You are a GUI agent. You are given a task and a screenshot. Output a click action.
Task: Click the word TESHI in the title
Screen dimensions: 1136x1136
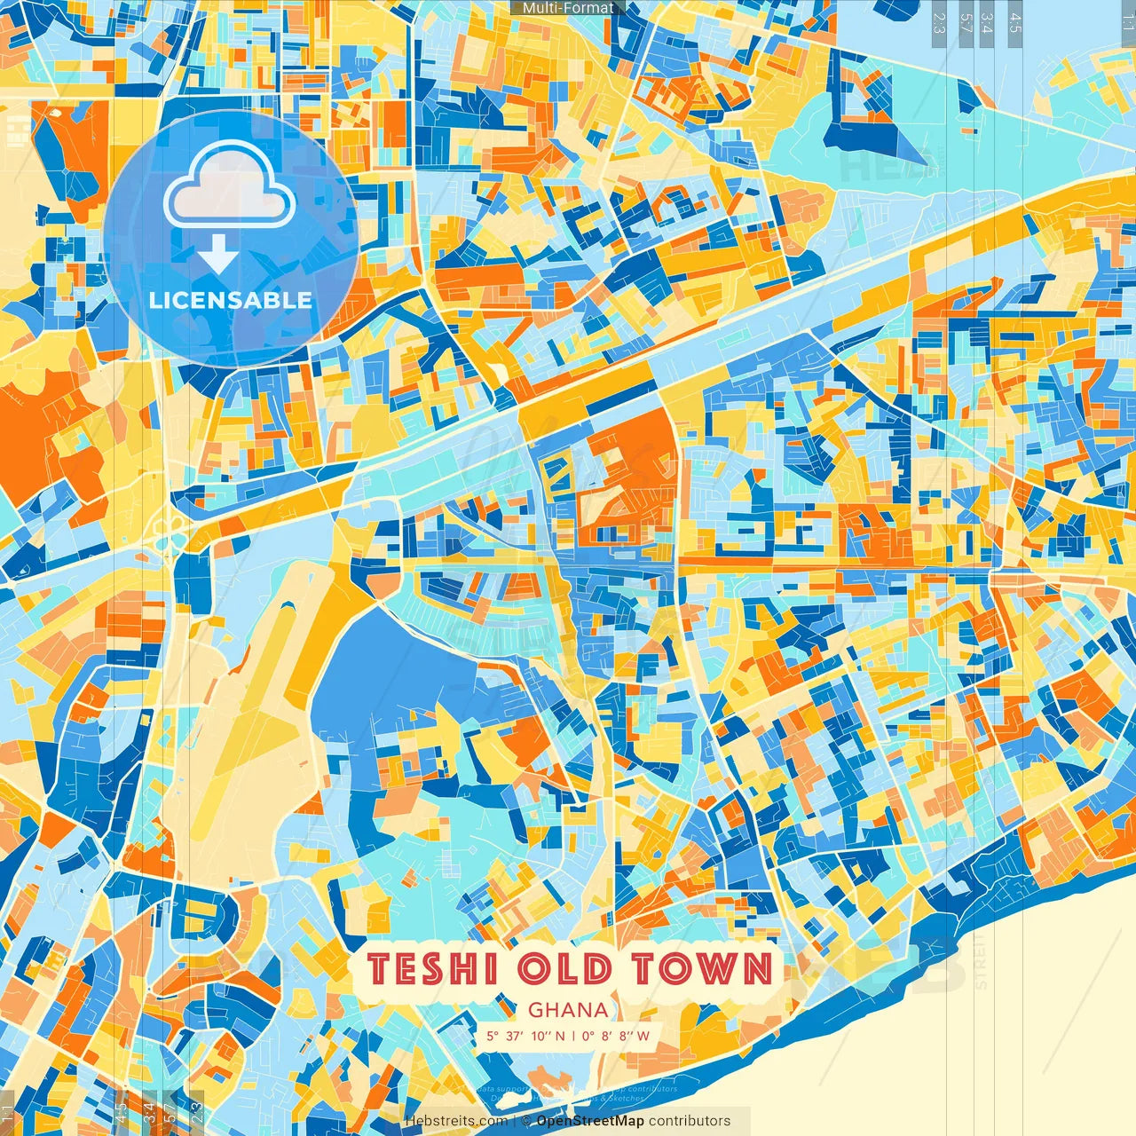pyautogui.click(x=432, y=968)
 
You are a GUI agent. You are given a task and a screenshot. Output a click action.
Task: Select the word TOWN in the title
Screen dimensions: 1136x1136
pyautogui.click(x=702, y=968)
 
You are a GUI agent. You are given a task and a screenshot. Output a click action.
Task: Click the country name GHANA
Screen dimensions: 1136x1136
pyautogui.click(x=568, y=1010)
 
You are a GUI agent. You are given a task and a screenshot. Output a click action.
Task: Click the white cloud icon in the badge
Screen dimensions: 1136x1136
pyautogui.click(x=229, y=186)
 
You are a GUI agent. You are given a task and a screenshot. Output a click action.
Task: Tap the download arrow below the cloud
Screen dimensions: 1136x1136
pyautogui.click(x=217, y=257)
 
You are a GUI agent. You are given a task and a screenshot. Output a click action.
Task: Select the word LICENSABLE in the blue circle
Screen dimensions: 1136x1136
pyautogui.click(x=230, y=300)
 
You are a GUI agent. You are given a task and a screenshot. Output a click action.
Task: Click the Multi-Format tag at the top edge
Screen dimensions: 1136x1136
pyautogui.click(x=568, y=8)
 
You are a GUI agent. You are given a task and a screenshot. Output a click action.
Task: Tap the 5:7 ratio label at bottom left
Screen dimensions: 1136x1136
pyautogui.click(x=170, y=1113)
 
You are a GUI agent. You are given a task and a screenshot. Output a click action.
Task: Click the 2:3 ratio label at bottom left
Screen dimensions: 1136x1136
pyautogui.click(x=197, y=1113)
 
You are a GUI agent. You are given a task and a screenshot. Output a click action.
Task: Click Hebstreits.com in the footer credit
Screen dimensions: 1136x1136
pyautogui.click(x=456, y=1121)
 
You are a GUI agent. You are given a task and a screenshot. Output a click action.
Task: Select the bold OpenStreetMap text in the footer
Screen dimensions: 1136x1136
pyautogui.click(x=590, y=1121)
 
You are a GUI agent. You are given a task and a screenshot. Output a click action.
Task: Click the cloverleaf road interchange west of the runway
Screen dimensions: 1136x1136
pyautogui.click(x=169, y=535)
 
